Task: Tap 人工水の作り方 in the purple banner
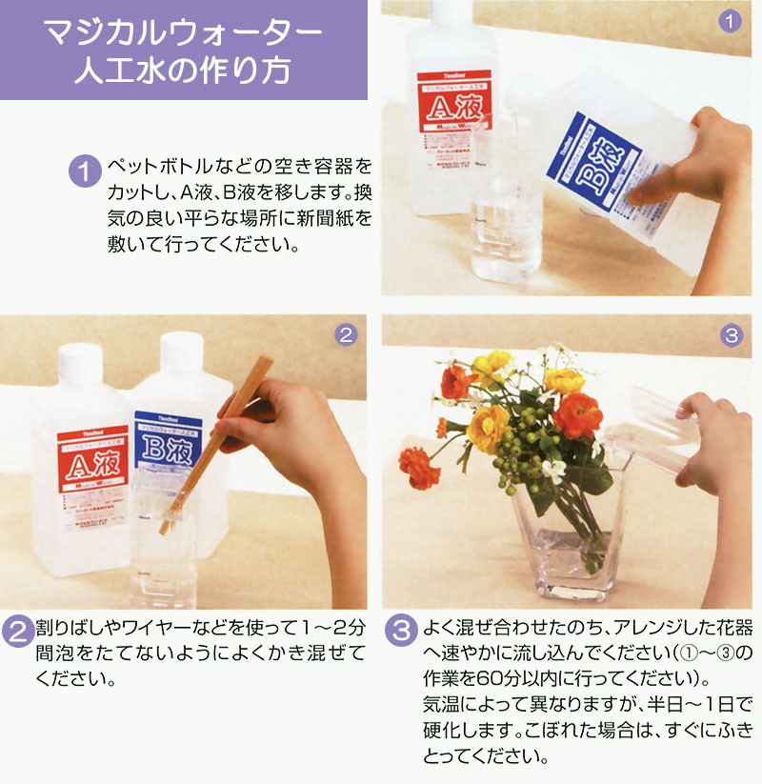pos(184,72)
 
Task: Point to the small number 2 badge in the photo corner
pos(347,334)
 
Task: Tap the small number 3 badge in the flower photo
pos(731,334)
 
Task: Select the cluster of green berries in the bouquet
pos(519,448)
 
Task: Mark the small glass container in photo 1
pos(505,219)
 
